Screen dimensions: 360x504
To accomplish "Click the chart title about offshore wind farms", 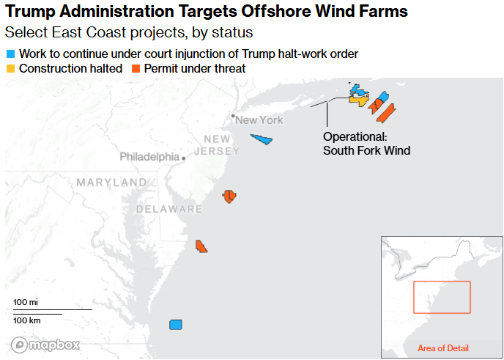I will click(206, 12).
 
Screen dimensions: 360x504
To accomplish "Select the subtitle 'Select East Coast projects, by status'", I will click(129, 33).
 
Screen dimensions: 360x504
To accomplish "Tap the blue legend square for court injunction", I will click(10, 54).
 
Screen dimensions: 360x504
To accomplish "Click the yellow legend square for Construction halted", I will click(10, 69).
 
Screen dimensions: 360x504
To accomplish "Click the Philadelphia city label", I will click(149, 157).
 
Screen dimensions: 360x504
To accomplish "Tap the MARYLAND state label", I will click(111, 182).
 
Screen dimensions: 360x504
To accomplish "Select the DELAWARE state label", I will click(168, 210).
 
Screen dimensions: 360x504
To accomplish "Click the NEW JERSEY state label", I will click(221, 145).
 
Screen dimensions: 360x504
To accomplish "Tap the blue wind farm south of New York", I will click(262, 139).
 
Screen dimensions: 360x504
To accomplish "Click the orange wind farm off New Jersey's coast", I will click(229, 196).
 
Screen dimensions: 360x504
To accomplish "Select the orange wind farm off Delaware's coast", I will click(201, 246).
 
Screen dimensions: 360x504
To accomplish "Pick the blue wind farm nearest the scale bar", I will click(175, 325).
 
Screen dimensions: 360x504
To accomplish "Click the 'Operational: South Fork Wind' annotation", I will click(366, 144).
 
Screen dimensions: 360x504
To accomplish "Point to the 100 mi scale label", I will click(26, 302).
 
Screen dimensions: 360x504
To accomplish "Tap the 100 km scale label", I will click(27, 320).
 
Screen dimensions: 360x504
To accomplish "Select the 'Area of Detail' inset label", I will click(442, 348).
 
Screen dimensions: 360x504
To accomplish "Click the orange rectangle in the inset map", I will click(442, 297).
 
